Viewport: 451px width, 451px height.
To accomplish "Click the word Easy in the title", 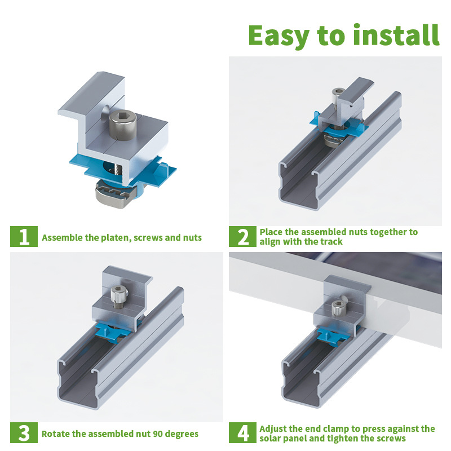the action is (x=278, y=36).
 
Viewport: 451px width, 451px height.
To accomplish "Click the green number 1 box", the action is (x=24, y=236).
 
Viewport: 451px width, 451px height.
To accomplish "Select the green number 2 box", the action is (x=242, y=236).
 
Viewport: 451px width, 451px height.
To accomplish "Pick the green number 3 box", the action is (x=24, y=432).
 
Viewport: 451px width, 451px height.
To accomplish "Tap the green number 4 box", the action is (x=242, y=432).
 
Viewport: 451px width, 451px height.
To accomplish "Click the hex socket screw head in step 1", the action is (x=123, y=126).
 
